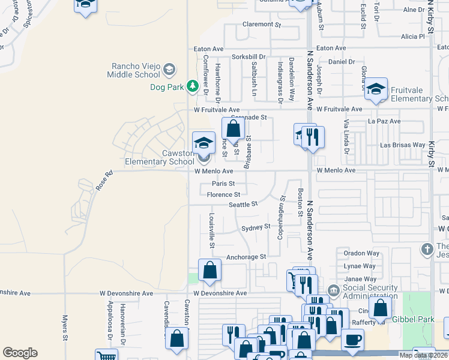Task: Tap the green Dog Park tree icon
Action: [193, 86]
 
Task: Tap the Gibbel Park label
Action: [413, 319]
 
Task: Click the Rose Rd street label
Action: [104, 181]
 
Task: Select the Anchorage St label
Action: [246, 257]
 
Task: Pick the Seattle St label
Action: [243, 204]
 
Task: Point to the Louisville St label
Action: [211, 230]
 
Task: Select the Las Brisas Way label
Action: [403, 145]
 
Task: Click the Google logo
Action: [20, 353]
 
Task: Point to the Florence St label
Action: [223, 194]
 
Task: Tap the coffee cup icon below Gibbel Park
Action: [353, 340]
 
